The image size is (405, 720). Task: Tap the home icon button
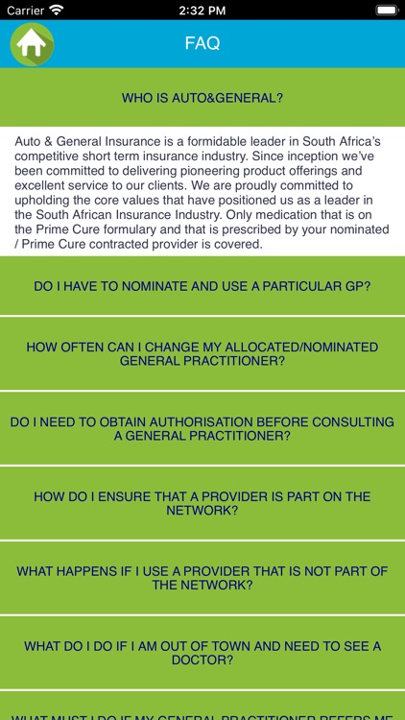pyautogui.click(x=32, y=43)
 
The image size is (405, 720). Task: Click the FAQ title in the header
pyautogui.click(x=202, y=43)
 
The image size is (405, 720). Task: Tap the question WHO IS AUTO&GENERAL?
pyautogui.click(x=202, y=97)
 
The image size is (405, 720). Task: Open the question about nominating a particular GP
pyautogui.click(x=202, y=286)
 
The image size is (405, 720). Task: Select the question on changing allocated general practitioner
pyautogui.click(x=202, y=353)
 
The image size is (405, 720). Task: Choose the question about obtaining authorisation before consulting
pyautogui.click(x=202, y=428)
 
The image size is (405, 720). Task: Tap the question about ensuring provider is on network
pyautogui.click(x=202, y=503)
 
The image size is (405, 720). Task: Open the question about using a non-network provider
pyautogui.click(x=202, y=578)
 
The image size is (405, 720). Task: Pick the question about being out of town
pyautogui.click(x=202, y=653)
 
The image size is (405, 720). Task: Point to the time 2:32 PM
pyautogui.click(x=202, y=10)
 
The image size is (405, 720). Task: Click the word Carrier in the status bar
pyautogui.click(x=25, y=10)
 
